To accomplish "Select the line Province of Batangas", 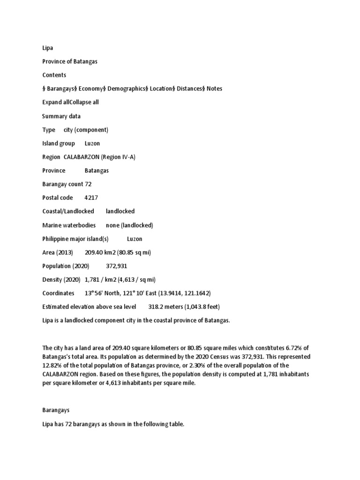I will point(70,61).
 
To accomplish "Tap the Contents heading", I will point(54,75).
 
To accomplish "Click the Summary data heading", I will point(61,116).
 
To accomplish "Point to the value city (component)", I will point(86,129).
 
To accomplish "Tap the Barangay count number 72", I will point(88,184).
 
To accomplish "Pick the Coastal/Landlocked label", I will point(68,211).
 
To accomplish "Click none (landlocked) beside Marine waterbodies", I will point(129,225).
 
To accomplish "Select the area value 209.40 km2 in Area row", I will point(99,252).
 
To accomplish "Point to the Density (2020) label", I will point(61,280).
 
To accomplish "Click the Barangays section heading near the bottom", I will point(56,410).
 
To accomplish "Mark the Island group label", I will point(59,143).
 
